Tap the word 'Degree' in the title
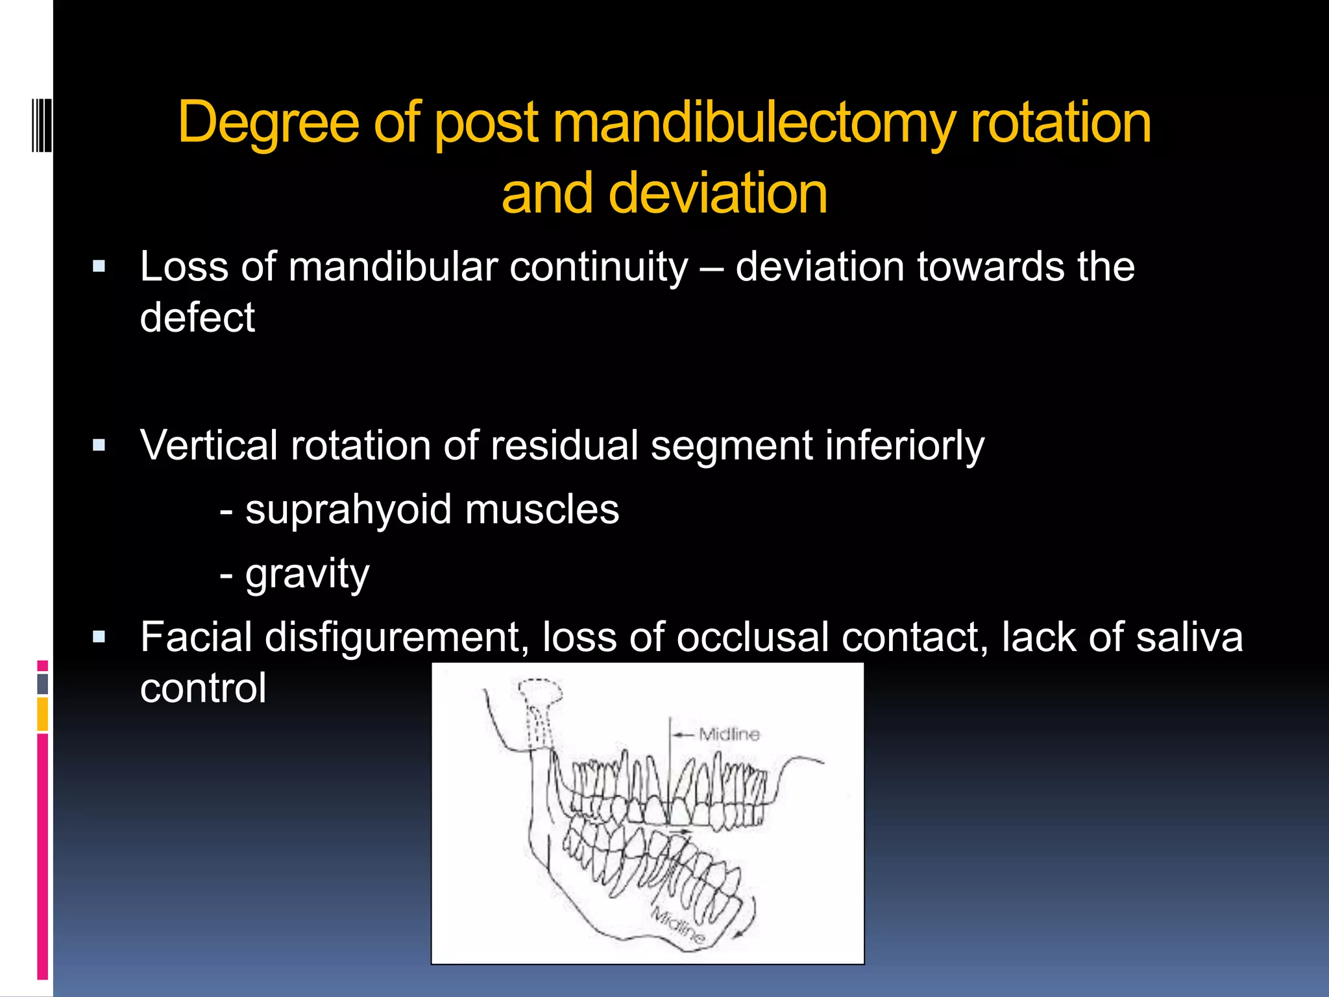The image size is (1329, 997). pyautogui.click(x=268, y=123)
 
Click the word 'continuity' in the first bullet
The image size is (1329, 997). pyautogui.click(x=598, y=267)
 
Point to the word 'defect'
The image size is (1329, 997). pyautogui.click(x=197, y=318)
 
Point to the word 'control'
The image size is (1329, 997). pyautogui.click(x=203, y=688)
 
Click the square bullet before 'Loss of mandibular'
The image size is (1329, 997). pyautogui.click(x=99, y=267)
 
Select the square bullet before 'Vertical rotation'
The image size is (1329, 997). pyautogui.click(x=99, y=446)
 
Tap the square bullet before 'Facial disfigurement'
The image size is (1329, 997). pyautogui.click(x=99, y=637)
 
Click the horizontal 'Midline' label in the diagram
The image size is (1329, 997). pyautogui.click(x=729, y=735)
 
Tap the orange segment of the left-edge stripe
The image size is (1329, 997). pyautogui.click(x=42, y=713)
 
